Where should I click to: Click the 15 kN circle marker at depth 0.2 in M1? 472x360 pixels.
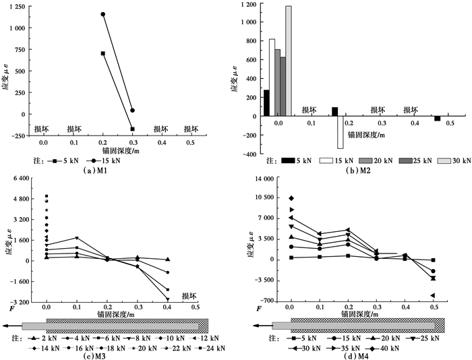point(103,14)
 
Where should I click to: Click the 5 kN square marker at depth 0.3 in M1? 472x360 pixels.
point(133,129)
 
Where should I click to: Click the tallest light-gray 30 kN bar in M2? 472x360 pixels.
point(289,61)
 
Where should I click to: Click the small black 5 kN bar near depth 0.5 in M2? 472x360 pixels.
point(437,119)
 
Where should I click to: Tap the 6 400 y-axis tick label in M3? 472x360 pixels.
point(22,179)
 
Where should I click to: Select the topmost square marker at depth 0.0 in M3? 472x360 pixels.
point(47,196)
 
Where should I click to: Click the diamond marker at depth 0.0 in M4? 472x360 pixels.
point(291,198)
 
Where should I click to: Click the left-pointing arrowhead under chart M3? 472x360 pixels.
point(5,326)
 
